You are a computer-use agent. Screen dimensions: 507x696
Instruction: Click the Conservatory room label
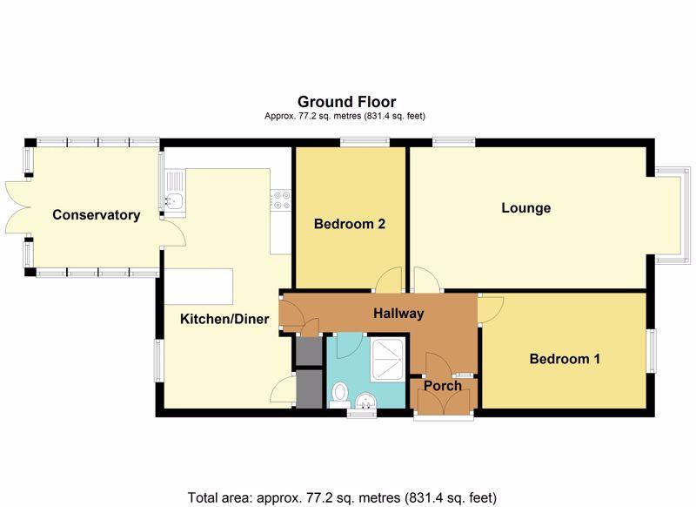(x=96, y=215)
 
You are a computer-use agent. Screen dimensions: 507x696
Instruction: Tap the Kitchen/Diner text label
(x=224, y=319)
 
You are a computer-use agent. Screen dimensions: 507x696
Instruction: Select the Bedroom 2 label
(x=350, y=224)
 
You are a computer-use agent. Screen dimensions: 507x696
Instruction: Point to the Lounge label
(x=526, y=208)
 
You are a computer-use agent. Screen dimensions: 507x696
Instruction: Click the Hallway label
(x=398, y=314)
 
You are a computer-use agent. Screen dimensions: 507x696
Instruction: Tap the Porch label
(x=442, y=386)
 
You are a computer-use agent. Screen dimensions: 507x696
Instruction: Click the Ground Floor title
(x=346, y=102)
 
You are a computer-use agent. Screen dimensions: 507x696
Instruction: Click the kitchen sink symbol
(x=171, y=202)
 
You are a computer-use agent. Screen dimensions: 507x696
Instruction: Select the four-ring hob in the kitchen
(x=281, y=202)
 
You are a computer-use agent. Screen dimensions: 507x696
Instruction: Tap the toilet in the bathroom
(x=340, y=394)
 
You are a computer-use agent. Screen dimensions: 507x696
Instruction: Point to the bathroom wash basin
(x=366, y=400)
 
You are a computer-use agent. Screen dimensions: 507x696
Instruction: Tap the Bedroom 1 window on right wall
(x=651, y=351)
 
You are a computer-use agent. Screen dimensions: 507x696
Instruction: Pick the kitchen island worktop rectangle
(x=200, y=284)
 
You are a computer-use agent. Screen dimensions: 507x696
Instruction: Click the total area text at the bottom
(x=342, y=497)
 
